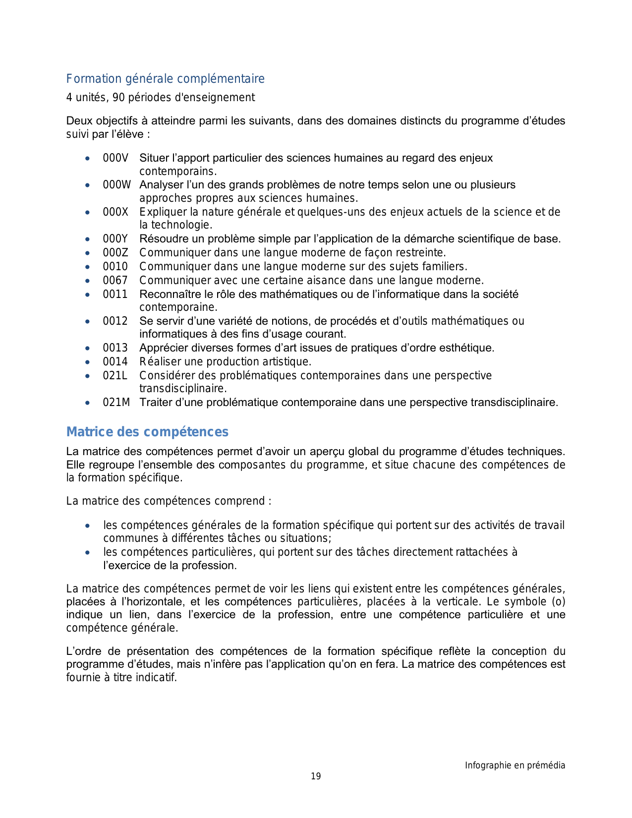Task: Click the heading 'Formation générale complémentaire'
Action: click(165, 79)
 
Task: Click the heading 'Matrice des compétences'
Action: click(147, 432)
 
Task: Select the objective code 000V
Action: click(115, 158)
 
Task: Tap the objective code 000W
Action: click(116, 185)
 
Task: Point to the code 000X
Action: click(115, 212)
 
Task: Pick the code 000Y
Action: click(115, 239)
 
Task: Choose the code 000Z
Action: click(115, 253)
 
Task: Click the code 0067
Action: click(115, 281)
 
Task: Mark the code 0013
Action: click(115, 348)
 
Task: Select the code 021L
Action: click(115, 376)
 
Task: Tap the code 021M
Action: click(116, 403)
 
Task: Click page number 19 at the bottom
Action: click(316, 776)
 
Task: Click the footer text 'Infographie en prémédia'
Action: click(515, 765)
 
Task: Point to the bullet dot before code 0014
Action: click(88, 362)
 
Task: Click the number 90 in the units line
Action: click(118, 98)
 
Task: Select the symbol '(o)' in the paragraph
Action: click(558, 602)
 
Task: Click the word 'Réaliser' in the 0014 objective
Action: click(158, 362)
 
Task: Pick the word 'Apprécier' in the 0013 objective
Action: click(161, 348)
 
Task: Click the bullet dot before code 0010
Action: click(88, 267)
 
